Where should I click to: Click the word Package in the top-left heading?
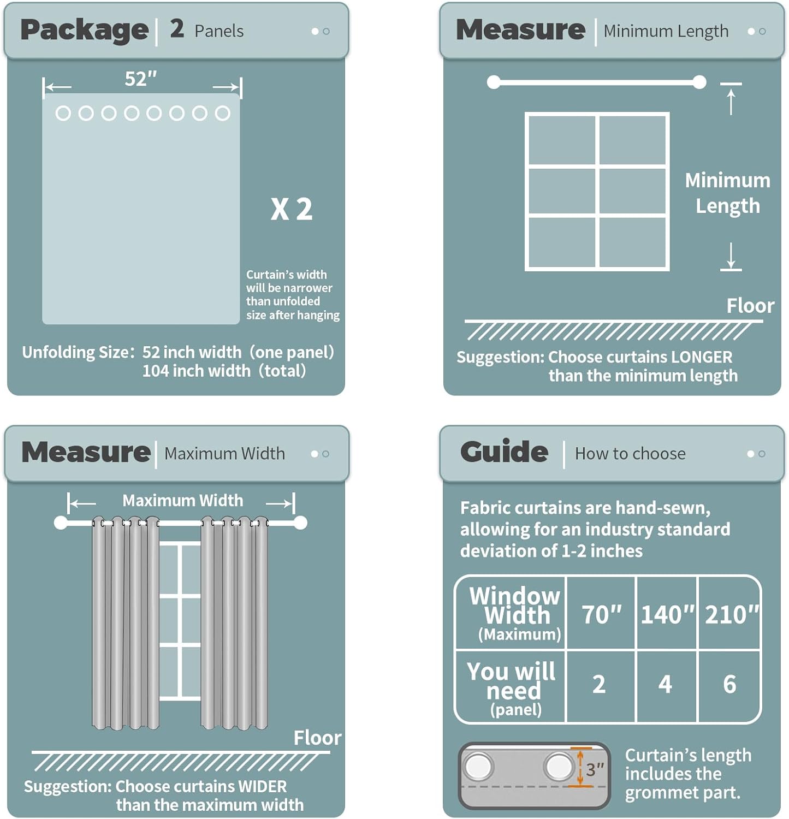(84, 31)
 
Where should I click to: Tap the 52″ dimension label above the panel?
(141, 79)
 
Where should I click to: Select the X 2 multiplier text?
(292, 209)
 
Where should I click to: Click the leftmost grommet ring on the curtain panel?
(63, 113)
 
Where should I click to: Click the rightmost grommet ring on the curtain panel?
(222, 113)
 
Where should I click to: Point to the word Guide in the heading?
(504, 452)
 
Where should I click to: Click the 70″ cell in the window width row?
(601, 614)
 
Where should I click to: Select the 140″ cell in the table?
(667, 614)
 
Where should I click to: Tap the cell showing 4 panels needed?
(665, 684)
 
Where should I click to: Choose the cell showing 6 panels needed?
(729, 684)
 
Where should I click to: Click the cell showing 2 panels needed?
(599, 684)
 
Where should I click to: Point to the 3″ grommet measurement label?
(595, 769)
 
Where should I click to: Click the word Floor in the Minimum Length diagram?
(750, 306)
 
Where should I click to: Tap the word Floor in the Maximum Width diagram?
(317, 738)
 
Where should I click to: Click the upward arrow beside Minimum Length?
(731, 102)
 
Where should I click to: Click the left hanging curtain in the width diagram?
(126, 623)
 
